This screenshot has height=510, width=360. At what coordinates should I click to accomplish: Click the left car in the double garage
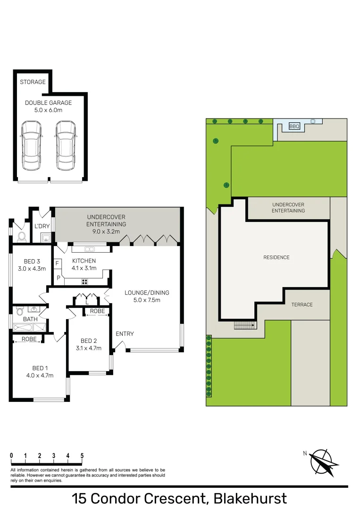pyautogui.click(x=31, y=146)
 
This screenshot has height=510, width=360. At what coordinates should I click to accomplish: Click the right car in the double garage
pyautogui.click(x=65, y=146)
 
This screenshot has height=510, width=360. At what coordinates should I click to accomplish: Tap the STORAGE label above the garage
pyautogui.click(x=33, y=82)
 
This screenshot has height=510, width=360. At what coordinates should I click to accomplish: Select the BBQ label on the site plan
pyautogui.click(x=294, y=126)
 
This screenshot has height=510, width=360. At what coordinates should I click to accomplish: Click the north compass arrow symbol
pyautogui.click(x=324, y=462)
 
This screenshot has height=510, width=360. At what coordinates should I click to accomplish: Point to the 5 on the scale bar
pyautogui.click(x=82, y=456)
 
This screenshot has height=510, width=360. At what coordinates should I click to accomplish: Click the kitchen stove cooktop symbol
pyautogui.click(x=85, y=281)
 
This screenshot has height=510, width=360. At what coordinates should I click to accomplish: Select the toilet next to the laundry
pyautogui.click(x=20, y=237)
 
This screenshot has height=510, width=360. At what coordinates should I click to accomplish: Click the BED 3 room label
pyautogui.click(x=32, y=261)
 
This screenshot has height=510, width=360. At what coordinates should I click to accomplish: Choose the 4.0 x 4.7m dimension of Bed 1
pyautogui.click(x=40, y=375)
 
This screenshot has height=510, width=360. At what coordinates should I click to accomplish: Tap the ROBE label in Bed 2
pyautogui.click(x=97, y=311)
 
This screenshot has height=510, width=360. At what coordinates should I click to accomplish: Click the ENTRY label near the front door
pyautogui.click(x=125, y=334)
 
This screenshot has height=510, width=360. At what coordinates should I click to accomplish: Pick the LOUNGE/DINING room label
pyautogui.click(x=147, y=293)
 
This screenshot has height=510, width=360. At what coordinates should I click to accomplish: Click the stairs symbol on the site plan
pyautogui.click(x=244, y=325)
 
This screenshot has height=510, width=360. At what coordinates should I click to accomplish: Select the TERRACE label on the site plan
pyautogui.click(x=301, y=305)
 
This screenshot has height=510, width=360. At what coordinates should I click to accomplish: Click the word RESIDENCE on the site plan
pyautogui.click(x=276, y=257)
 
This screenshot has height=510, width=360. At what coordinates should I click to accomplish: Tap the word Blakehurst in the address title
pyautogui.click(x=250, y=498)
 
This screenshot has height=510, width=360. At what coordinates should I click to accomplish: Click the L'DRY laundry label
pyautogui.click(x=42, y=226)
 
